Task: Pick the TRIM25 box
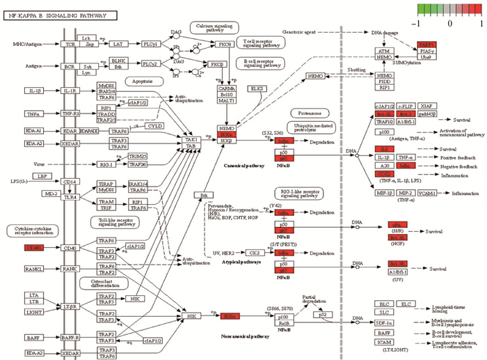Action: (137, 156)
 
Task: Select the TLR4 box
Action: (71, 197)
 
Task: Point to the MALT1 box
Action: (228, 102)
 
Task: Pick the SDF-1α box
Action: (384, 323)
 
